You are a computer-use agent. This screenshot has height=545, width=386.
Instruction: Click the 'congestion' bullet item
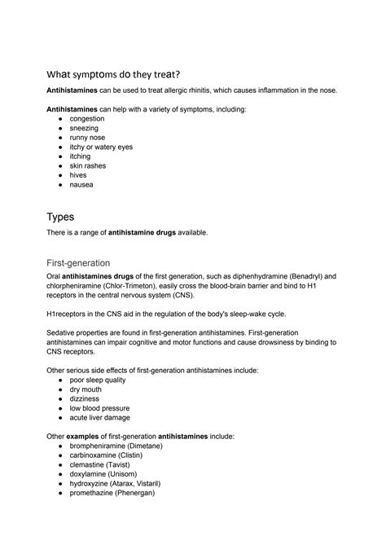click(x=87, y=118)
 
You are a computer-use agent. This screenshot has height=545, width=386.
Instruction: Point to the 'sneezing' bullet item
click(x=86, y=128)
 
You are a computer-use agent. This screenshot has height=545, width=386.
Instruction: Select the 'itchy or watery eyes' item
click(x=101, y=147)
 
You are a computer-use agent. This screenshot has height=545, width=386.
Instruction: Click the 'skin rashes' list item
click(x=88, y=165)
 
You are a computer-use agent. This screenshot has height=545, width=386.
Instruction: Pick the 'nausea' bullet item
click(x=82, y=184)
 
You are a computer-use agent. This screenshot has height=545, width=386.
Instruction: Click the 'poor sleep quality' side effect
click(x=98, y=380)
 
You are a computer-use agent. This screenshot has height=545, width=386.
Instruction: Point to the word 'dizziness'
click(x=85, y=399)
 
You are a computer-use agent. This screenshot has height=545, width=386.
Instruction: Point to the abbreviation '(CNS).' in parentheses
click(x=192, y=295)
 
